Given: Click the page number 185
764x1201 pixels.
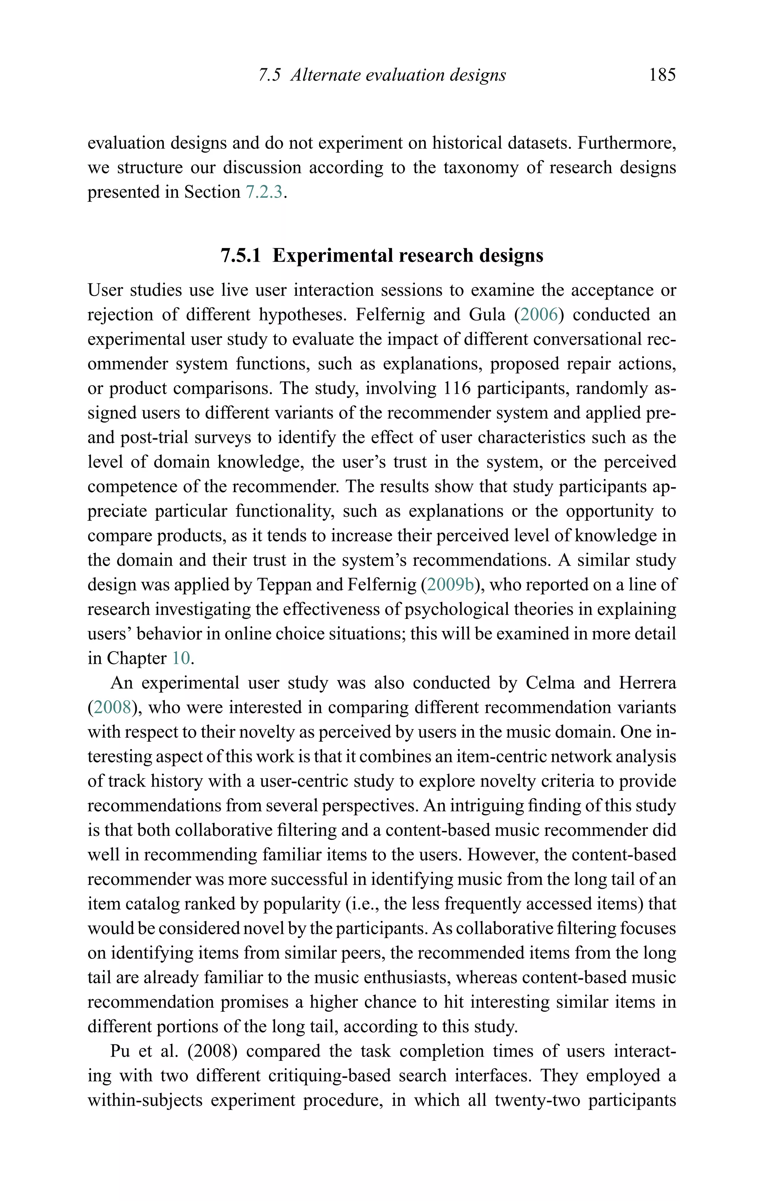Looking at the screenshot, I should pyautogui.click(x=662, y=75).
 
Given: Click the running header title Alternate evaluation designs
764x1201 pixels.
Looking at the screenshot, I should pyautogui.click(x=398, y=75).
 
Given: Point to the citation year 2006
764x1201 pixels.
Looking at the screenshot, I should pyautogui.click(x=539, y=315).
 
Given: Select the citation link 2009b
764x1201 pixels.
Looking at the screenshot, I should pyautogui.click(x=450, y=585).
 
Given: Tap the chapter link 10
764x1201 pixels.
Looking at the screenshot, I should pyautogui.click(x=181, y=659).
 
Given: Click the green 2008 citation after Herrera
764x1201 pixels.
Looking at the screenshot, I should pyautogui.click(x=112, y=707).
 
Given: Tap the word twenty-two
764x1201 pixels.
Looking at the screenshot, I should pyautogui.click(x=537, y=1100).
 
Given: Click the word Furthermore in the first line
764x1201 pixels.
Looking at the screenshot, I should pyautogui.click(x=626, y=143).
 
